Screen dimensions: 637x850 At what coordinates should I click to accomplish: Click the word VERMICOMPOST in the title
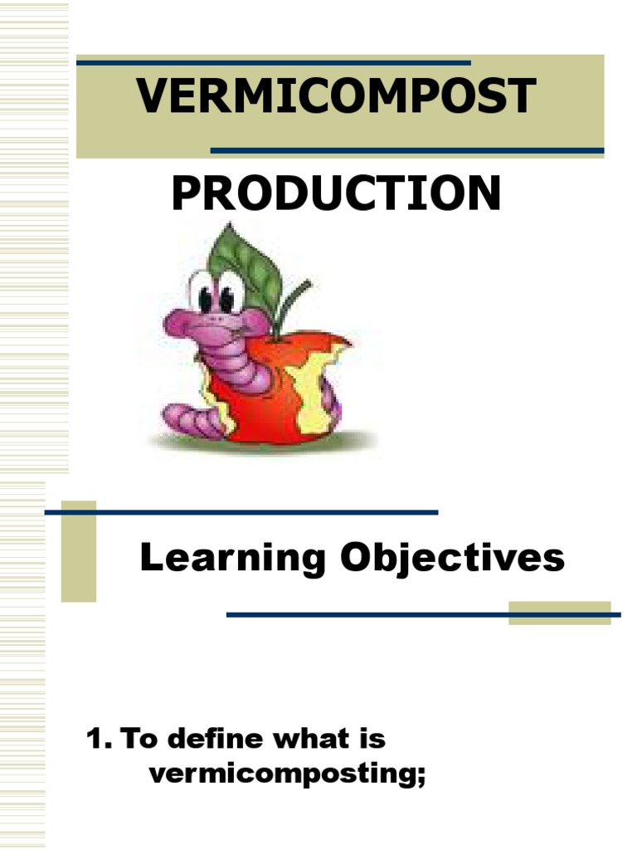click(336, 95)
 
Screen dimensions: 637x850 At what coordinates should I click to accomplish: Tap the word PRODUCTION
click(336, 193)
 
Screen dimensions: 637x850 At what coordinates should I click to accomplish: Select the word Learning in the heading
click(233, 559)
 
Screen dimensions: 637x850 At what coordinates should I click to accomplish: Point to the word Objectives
click(452, 559)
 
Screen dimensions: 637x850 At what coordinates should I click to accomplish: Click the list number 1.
click(99, 739)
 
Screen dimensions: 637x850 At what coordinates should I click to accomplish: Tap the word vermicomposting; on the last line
click(288, 774)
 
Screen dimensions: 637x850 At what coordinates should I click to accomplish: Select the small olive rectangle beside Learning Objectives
click(79, 551)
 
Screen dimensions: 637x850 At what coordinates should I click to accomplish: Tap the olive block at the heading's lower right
click(560, 613)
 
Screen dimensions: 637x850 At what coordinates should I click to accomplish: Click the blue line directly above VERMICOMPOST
click(274, 63)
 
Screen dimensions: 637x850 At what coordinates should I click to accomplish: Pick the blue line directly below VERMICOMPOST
click(407, 151)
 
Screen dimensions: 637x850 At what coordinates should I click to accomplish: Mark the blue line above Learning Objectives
click(241, 512)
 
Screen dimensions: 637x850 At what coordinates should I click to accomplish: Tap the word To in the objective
click(139, 739)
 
